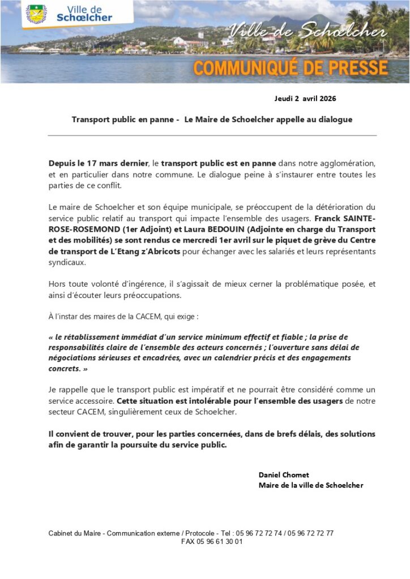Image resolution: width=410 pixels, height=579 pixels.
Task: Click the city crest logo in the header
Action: (x=37, y=14)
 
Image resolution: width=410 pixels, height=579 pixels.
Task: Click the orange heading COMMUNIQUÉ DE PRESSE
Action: (x=291, y=68)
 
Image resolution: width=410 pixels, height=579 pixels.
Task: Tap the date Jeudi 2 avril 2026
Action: (x=305, y=98)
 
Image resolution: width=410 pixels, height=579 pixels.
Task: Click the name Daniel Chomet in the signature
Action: (x=284, y=474)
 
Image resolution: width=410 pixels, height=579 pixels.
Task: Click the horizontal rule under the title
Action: (x=212, y=136)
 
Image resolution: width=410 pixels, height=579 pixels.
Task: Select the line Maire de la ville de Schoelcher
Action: (x=311, y=485)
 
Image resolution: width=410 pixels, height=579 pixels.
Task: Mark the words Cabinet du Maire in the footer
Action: (x=75, y=533)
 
